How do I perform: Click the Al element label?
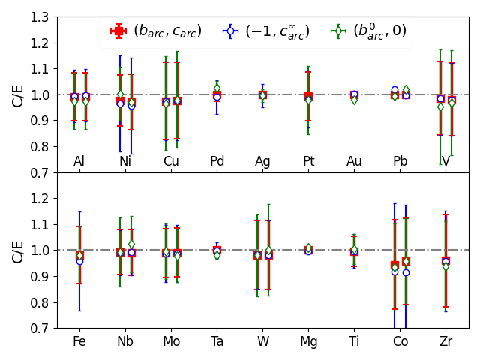pyautogui.click(x=79, y=161)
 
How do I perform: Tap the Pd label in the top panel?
pyautogui.click(x=217, y=161)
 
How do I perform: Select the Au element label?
pyautogui.click(x=355, y=161)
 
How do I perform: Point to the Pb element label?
pyautogui.click(x=400, y=161)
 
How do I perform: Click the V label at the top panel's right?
pyautogui.click(x=446, y=161)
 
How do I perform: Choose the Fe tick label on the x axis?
pyautogui.click(x=79, y=342)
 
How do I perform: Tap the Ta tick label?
pyautogui.click(x=217, y=342)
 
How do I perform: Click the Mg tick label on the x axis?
pyautogui.click(x=308, y=342)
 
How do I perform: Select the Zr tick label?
pyautogui.click(x=446, y=342)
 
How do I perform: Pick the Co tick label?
pyautogui.click(x=400, y=342)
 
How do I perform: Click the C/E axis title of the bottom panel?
pyautogui.click(x=18, y=250)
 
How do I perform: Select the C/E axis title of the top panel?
pyautogui.click(x=18, y=94)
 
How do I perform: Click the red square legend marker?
pyautogui.click(x=118, y=31)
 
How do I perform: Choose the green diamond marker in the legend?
pyautogui.click(x=338, y=31)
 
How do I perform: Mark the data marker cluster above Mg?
pyautogui.click(x=308, y=249)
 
